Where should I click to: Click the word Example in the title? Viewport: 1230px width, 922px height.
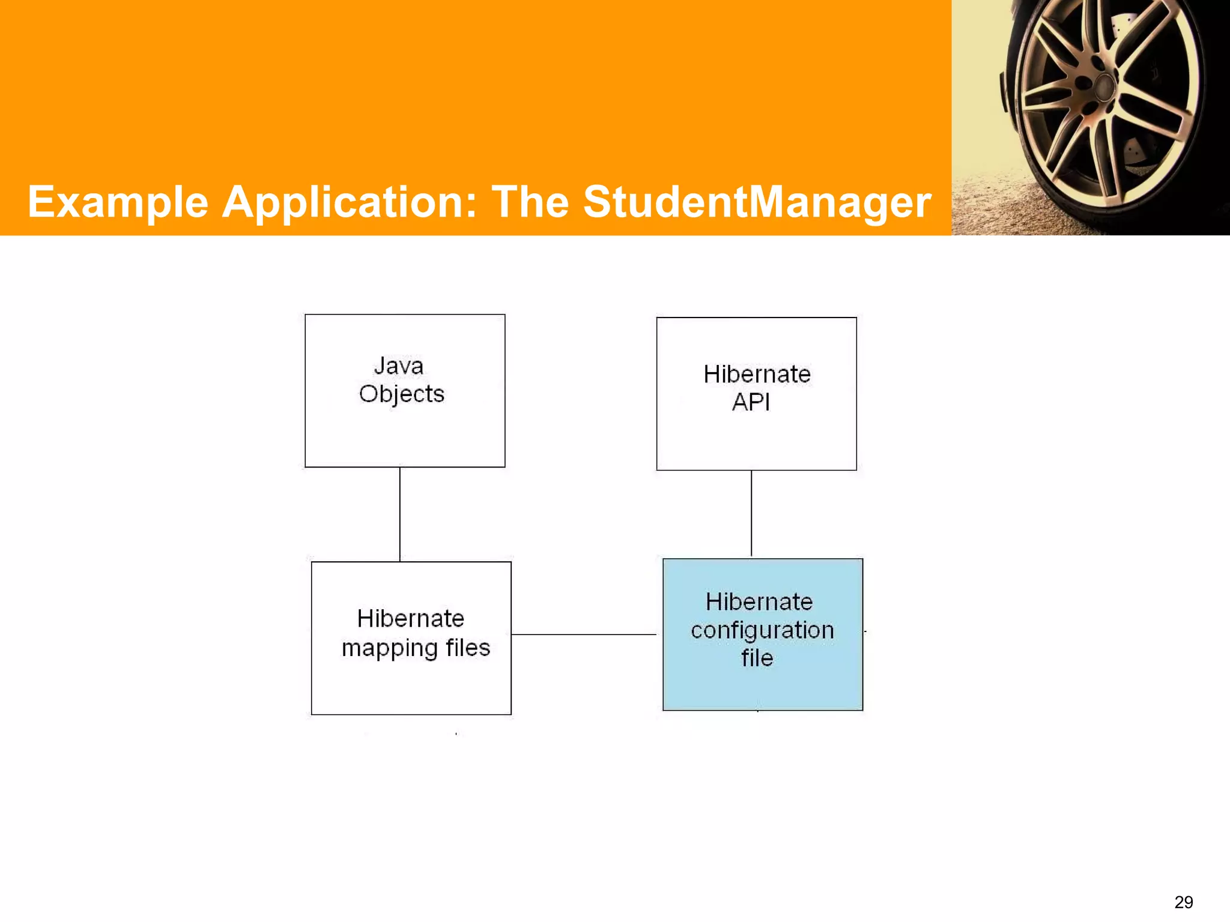pos(118,202)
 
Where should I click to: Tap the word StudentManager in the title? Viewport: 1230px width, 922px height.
pos(757,202)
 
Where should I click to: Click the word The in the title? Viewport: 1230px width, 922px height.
pos(530,202)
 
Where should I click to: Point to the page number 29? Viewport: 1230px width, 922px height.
pos(1183,902)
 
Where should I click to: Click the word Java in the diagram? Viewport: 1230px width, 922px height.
pos(399,366)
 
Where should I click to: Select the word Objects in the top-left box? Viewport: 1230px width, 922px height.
pos(402,394)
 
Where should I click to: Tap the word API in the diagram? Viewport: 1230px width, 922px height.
pos(751,402)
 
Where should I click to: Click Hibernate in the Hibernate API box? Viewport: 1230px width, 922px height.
pos(757,374)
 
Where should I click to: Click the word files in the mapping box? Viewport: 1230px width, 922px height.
pos(468,648)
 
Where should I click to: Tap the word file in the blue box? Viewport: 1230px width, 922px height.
pos(757,658)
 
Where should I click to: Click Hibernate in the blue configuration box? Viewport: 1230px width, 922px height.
pos(759,601)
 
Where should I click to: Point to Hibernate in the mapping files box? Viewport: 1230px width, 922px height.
pos(411,618)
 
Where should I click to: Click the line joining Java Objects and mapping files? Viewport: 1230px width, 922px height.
pos(400,514)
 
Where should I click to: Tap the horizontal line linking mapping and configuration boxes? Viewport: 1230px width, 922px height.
pos(584,634)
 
